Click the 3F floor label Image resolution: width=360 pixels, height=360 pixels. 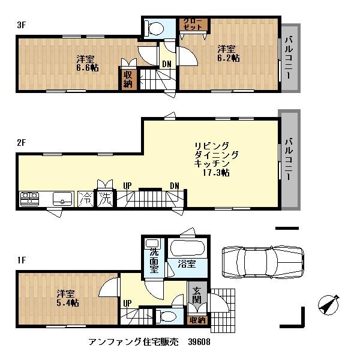pyautogui.click(x=21, y=25)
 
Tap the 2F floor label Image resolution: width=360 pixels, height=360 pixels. pyautogui.click(x=21, y=143)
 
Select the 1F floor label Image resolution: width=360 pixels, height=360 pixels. pyautogui.click(x=21, y=260)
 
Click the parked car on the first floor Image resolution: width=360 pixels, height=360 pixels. pyautogui.click(x=262, y=262)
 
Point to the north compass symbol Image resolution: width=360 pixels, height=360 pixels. pyautogui.click(x=326, y=305)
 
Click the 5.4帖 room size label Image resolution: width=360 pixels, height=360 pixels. pyautogui.click(x=67, y=298)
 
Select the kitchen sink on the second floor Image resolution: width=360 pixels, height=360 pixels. pyautogui.click(x=62, y=198)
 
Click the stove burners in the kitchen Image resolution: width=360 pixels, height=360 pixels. pyautogui.click(x=29, y=198)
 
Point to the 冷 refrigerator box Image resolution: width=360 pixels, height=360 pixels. pyautogui.click(x=86, y=197)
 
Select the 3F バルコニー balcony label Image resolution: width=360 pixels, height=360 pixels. pyautogui.click(x=289, y=58)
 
